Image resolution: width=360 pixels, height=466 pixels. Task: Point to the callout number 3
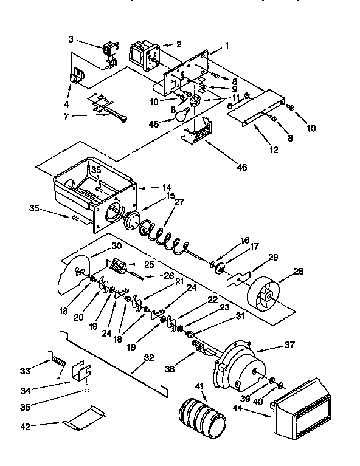(71, 39)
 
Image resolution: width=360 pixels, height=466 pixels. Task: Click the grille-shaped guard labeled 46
(198, 131)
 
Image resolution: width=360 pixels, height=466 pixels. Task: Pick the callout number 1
(227, 46)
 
